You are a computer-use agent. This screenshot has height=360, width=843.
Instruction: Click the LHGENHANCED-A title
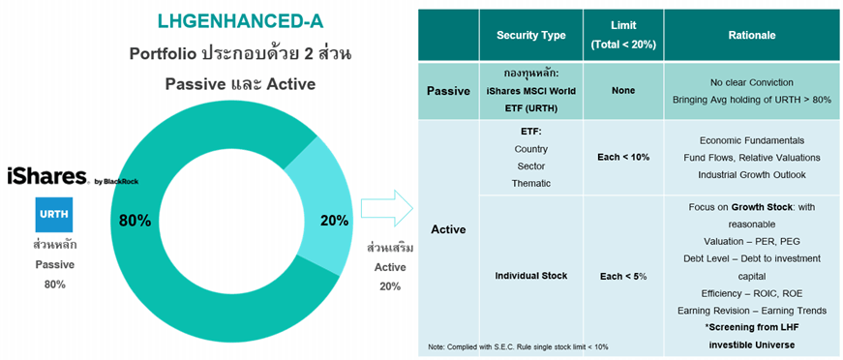[x=240, y=21]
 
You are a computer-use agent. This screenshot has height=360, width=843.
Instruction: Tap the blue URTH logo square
[x=54, y=215]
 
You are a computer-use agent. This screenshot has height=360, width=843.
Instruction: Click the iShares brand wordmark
[x=47, y=176]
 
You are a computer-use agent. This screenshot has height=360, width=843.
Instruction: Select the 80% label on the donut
[x=135, y=221]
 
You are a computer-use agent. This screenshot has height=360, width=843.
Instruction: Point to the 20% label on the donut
[x=334, y=221]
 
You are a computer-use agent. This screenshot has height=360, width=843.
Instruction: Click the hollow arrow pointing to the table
[x=386, y=209]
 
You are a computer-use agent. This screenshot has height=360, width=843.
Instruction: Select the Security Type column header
[x=531, y=36]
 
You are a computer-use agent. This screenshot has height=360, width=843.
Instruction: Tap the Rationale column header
[x=752, y=36]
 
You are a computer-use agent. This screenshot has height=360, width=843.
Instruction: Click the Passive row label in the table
[x=448, y=91]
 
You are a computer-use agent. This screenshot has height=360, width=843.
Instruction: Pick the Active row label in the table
[x=448, y=229]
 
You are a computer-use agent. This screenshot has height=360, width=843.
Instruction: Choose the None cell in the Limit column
[x=623, y=91]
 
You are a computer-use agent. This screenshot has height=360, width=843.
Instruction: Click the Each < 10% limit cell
[x=623, y=158]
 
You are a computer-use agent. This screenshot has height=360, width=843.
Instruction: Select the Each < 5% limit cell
[x=623, y=276]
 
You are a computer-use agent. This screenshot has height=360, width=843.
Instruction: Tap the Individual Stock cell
[x=531, y=276]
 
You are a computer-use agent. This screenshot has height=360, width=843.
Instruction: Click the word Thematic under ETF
[x=531, y=183]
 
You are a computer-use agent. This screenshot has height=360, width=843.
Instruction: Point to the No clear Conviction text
[x=752, y=83]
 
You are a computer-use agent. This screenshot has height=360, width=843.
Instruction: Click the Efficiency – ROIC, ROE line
[x=752, y=293]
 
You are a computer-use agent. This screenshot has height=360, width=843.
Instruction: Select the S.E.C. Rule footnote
[x=518, y=346]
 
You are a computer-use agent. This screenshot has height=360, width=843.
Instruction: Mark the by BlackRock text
[x=116, y=182]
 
